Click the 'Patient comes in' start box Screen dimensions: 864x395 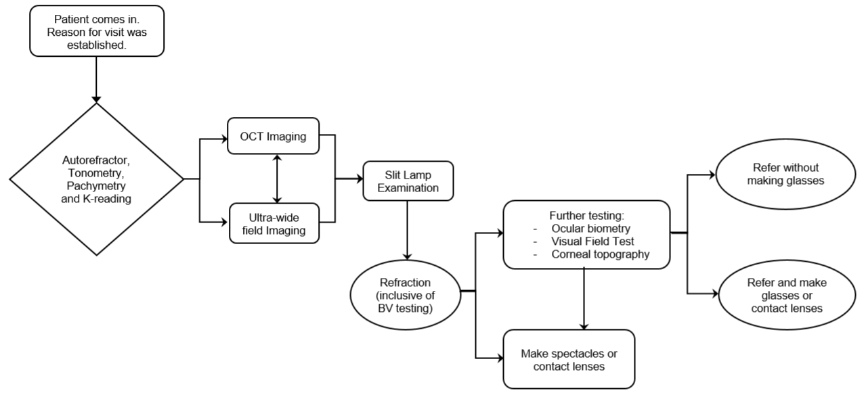point(97,31)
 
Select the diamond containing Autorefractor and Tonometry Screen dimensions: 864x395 point(96,179)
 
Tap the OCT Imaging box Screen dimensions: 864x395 point(274,136)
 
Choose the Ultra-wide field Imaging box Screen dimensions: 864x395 point(274,223)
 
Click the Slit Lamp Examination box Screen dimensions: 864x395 point(408,181)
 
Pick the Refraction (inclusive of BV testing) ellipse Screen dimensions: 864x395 point(406,295)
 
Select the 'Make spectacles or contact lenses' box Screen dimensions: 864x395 point(569,359)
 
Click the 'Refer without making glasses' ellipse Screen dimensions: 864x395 point(785,175)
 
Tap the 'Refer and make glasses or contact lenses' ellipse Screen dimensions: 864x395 point(787,295)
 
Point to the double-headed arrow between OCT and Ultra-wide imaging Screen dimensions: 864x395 point(277,179)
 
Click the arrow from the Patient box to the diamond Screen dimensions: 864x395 point(96,80)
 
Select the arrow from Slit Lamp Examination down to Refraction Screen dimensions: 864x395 point(407,231)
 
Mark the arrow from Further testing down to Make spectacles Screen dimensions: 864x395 point(584,299)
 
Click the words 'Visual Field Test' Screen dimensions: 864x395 point(592,241)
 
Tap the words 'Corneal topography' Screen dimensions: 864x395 point(600,254)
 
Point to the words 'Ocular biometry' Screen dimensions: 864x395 point(590,229)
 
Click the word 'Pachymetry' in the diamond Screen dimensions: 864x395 point(96,186)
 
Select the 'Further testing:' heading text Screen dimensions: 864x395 point(586,215)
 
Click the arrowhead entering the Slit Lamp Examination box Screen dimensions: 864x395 point(360,179)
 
